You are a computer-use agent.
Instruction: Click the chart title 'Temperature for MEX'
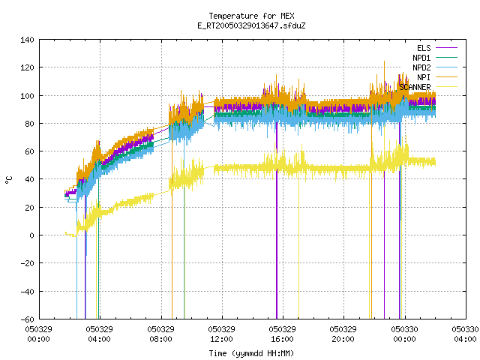coord(251,16)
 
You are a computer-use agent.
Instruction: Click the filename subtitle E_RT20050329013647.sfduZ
coord(251,25)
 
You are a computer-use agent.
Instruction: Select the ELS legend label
coord(424,48)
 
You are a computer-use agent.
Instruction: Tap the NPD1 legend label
coord(421,58)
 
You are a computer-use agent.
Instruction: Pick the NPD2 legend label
coord(421,67)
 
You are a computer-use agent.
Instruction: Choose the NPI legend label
coord(424,77)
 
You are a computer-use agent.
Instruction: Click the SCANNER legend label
coord(415,87)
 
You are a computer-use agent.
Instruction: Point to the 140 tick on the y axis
coord(27,40)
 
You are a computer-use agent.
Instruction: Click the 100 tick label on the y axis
coord(27,96)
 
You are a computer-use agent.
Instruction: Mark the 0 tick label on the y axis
coord(31,235)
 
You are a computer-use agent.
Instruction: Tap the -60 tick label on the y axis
coord(27,319)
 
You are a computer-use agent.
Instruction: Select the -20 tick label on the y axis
coord(27,263)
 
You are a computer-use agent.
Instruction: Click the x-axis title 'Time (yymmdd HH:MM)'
coord(251,353)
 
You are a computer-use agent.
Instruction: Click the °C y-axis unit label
coord(9,180)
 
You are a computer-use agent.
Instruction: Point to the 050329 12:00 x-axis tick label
coord(222,334)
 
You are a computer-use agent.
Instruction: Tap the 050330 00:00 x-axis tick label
coord(405,334)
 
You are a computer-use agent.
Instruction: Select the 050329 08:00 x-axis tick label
coord(161,334)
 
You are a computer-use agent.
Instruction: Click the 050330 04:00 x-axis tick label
coord(465,334)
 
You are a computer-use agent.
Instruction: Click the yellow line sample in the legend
coord(446,87)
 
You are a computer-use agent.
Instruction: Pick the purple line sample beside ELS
coord(446,48)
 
